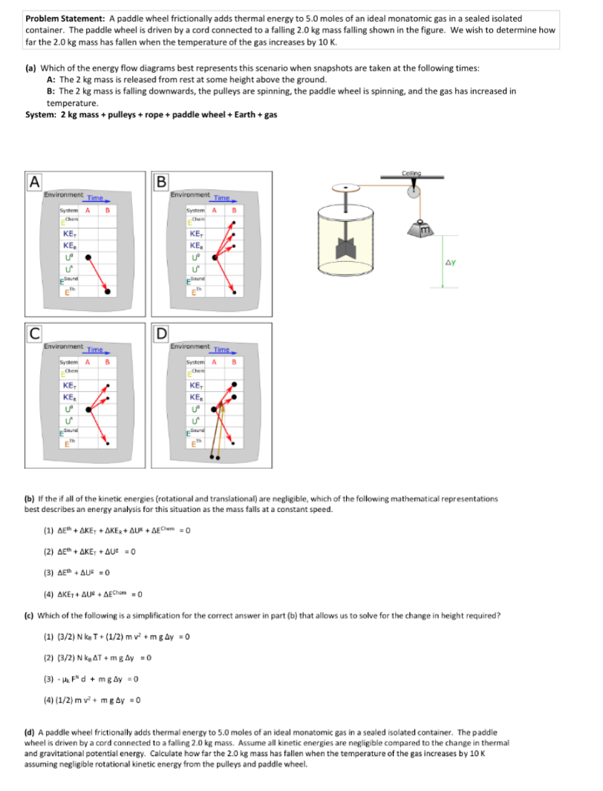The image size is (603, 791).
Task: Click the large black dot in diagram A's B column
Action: [x=108, y=292]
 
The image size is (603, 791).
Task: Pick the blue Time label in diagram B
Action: [x=221, y=197]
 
